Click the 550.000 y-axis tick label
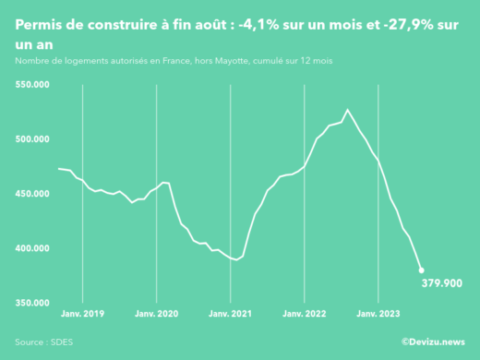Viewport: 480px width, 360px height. pos(34,85)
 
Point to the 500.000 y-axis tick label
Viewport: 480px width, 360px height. pos(34,139)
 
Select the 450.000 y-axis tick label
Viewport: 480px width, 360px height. pos(34,194)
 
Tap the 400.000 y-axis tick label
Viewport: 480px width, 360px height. pos(34,248)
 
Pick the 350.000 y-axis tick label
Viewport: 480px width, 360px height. pos(34,303)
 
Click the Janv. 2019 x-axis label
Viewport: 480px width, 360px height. pos(83,313)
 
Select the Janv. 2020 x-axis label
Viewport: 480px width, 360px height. pos(157,313)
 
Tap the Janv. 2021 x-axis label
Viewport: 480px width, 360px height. pos(231,313)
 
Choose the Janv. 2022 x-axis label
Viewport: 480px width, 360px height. pos(305,313)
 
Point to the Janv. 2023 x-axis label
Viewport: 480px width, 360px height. pos(378,313)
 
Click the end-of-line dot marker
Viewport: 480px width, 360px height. pos(421,270)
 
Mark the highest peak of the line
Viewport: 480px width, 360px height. pos(347,110)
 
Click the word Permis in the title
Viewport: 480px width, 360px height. pos(39,27)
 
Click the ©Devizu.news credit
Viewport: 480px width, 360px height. pos(433,342)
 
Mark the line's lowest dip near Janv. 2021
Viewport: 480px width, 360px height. pos(236,260)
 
